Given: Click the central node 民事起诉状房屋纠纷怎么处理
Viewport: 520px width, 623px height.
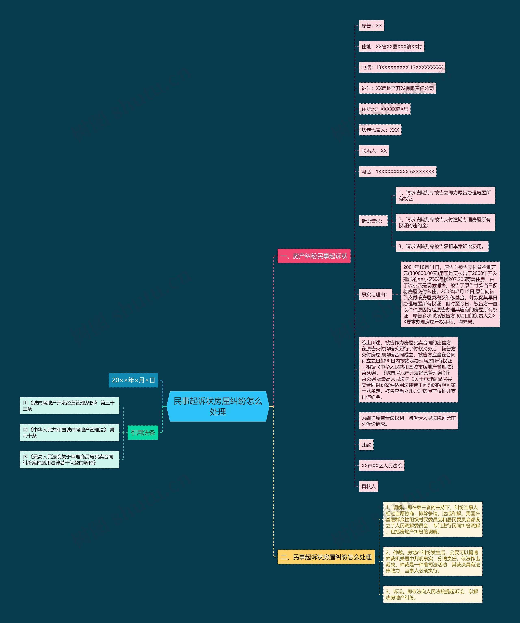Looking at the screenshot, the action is tap(218, 406).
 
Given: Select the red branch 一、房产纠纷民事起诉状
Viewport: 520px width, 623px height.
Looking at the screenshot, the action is tap(314, 256).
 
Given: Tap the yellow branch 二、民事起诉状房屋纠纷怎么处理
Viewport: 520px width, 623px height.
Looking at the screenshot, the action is tap(326, 557).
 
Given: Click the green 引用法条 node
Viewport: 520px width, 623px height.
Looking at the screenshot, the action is tap(143, 432).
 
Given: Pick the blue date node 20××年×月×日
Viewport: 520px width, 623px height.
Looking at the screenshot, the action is tap(133, 380).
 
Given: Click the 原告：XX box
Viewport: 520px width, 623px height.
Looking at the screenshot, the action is tap(371, 26).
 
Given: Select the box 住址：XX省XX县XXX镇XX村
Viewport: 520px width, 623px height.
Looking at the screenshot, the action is tap(391, 47).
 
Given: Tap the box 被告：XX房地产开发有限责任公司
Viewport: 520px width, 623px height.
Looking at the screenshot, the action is tap(397, 88).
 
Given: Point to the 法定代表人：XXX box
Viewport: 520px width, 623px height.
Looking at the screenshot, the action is tap(380, 130).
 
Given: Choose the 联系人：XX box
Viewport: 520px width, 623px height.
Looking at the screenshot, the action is tap(374, 151).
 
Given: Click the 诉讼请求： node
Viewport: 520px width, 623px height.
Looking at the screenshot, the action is tap(373, 221).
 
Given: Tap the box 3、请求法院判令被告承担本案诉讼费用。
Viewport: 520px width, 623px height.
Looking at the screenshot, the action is tap(442, 246).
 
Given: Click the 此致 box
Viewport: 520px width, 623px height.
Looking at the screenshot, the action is tap(366, 445).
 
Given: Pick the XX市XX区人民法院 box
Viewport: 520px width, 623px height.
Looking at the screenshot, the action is tap(381, 465).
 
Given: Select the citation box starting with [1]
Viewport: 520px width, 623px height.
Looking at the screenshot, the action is tap(69, 405).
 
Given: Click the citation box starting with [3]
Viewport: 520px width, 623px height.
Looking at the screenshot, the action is tap(69, 459).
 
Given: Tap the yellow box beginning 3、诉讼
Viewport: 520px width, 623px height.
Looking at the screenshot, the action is tap(432, 594).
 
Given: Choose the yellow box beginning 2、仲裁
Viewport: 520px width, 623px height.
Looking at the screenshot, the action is tap(432, 561).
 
